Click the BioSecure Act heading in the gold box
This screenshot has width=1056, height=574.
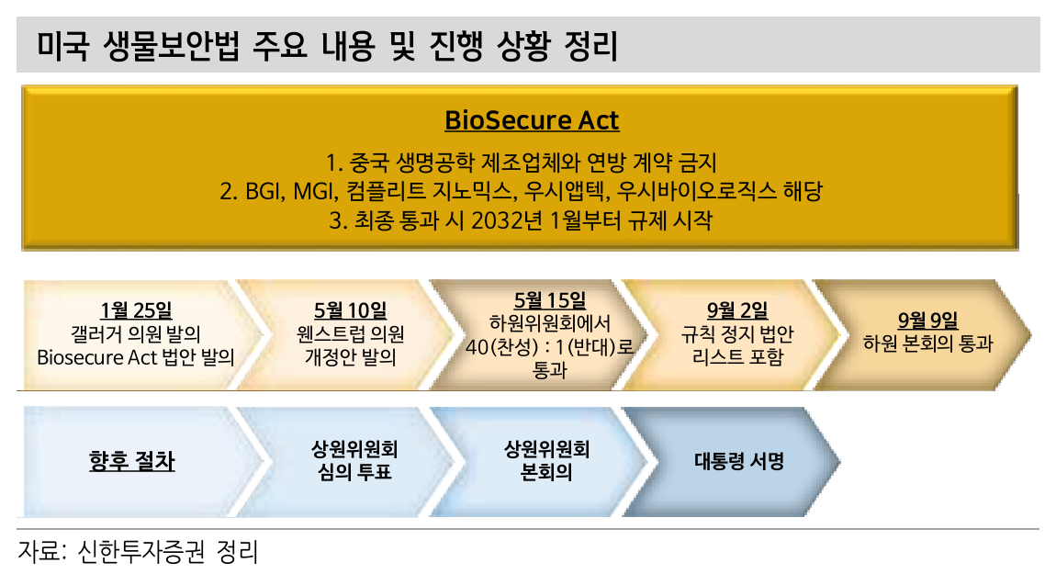click(532, 120)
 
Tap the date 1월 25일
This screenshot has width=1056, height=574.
click(136, 310)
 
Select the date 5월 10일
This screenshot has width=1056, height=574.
click(350, 310)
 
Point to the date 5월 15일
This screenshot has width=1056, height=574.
click(549, 300)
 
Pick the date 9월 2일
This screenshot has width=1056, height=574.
click(737, 310)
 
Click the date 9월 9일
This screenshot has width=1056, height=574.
click(928, 321)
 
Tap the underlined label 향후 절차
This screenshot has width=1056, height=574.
click(132, 461)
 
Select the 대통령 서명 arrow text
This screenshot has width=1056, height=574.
click(739, 461)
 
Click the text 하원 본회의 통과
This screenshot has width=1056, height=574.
click(928, 343)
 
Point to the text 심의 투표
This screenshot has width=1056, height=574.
click(354, 472)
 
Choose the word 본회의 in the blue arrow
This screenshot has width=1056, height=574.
click(546, 472)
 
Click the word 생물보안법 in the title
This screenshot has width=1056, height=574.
click(171, 46)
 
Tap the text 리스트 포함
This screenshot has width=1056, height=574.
click(737, 356)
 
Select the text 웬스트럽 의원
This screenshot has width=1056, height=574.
click(350, 334)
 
